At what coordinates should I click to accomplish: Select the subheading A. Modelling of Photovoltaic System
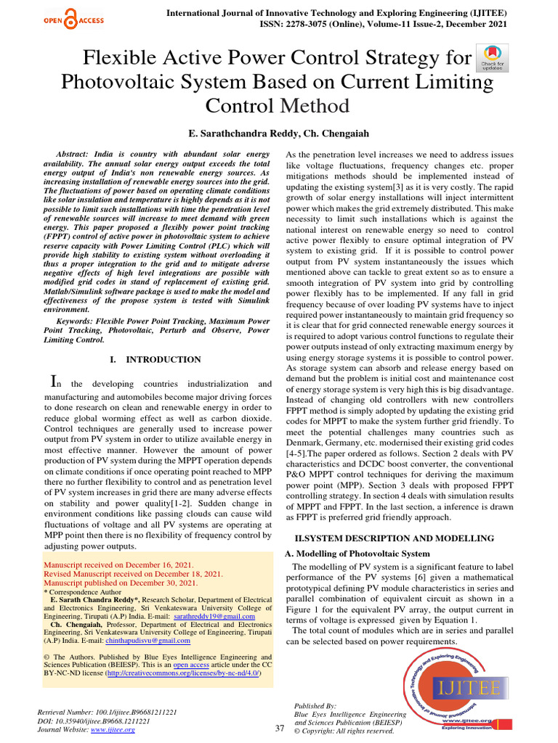pyautogui.click(x=356, y=554)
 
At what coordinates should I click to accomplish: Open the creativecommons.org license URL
pyautogui.click(x=181, y=674)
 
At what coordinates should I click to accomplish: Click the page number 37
pyautogui.click(x=280, y=728)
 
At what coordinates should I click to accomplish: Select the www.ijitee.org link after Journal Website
pyautogui.click(x=113, y=730)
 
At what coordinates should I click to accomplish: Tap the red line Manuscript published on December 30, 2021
pyautogui.click(x=121, y=583)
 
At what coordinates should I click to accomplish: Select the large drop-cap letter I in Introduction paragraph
pyautogui.click(x=52, y=381)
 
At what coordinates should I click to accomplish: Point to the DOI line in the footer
pyautogui.click(x=94, y=721)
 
